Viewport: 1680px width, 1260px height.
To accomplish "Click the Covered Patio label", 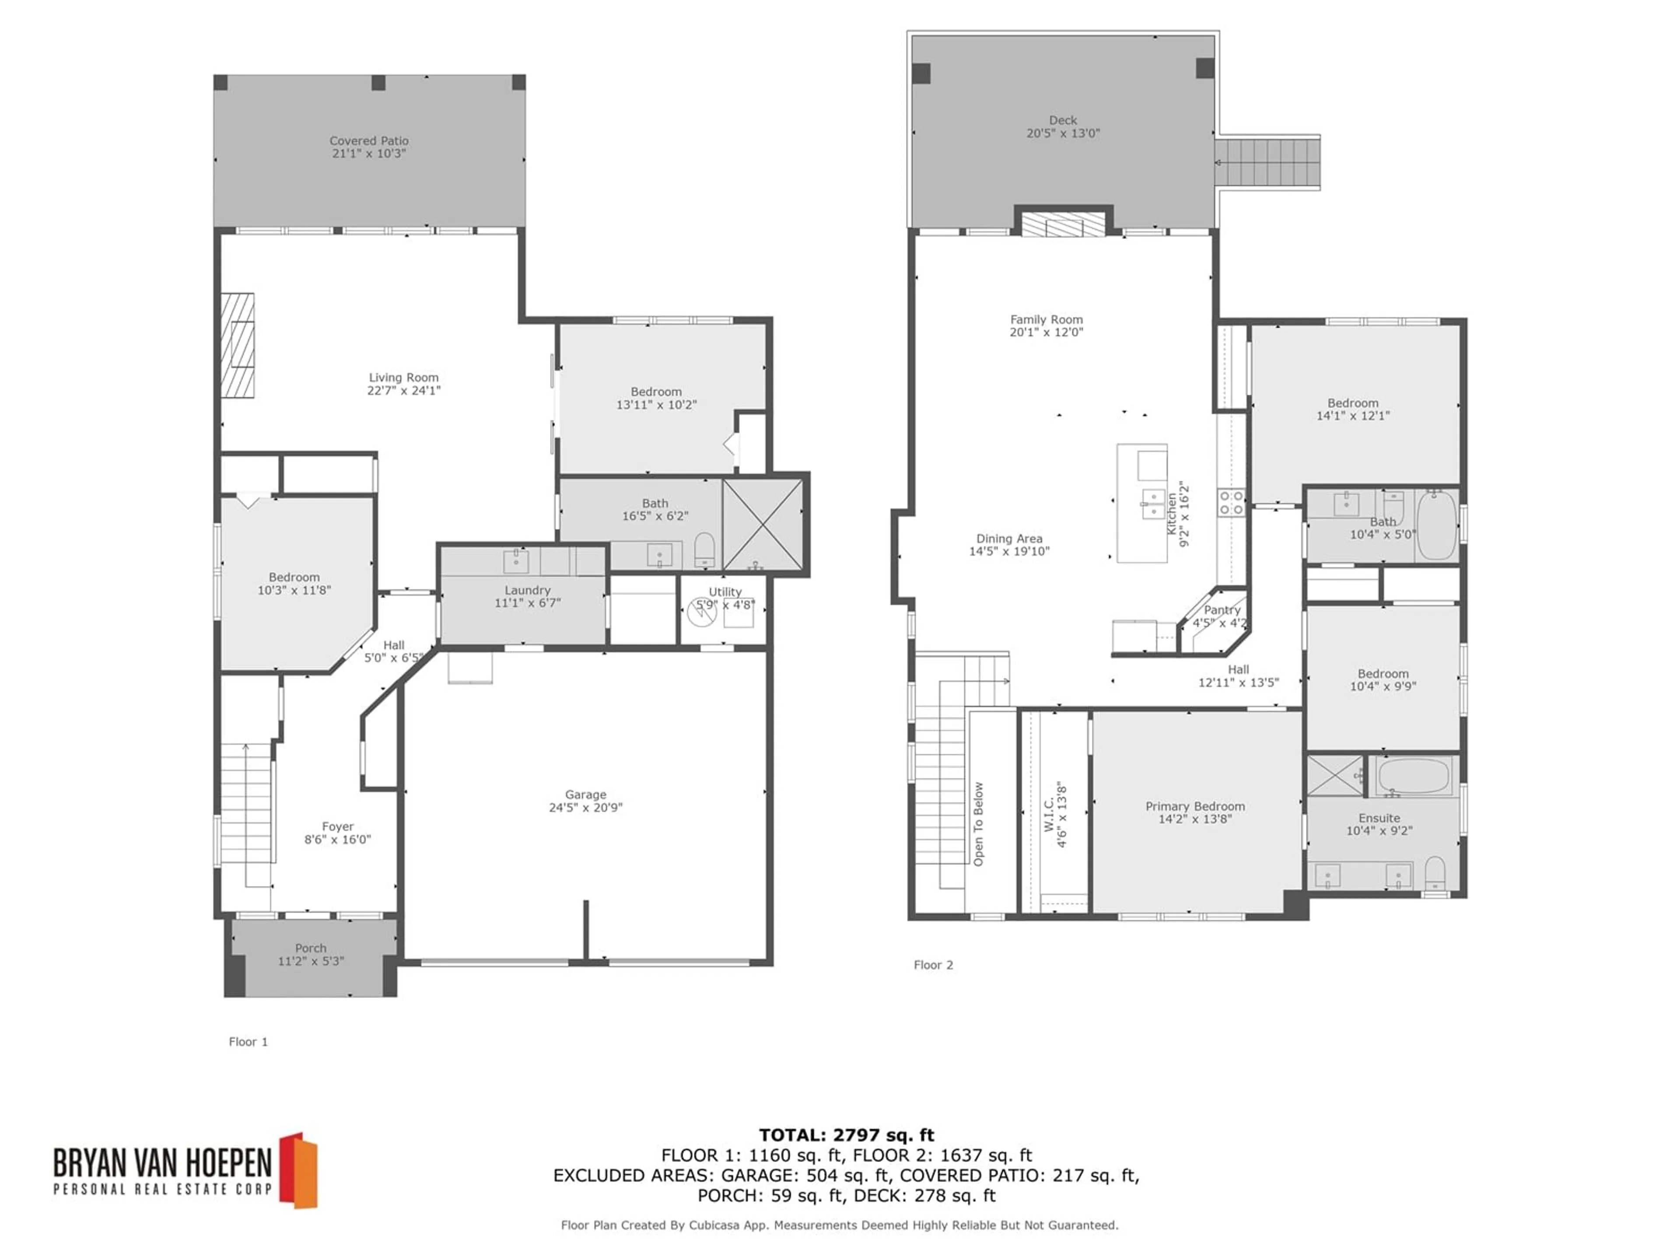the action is [x=369, y=140].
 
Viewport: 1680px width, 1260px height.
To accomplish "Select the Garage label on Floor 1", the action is [x=585, y=794].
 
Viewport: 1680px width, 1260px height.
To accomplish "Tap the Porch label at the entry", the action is [x=311, y=948].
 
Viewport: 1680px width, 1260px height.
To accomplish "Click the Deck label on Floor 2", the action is [x=1063, y=120].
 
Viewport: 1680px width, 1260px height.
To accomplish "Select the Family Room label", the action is [x=1046, y=320].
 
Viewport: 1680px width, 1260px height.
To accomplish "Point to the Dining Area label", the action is [x=1009, y=539].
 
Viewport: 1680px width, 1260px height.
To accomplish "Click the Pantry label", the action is [x=1222, y=610].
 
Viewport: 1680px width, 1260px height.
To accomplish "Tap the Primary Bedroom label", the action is [x=1195, y=807].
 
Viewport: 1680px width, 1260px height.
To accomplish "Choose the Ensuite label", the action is [x=1379, y=818].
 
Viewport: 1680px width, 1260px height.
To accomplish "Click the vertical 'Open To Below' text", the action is [x=978, y=824].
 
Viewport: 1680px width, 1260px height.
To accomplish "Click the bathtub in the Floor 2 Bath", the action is [x=1436, y=525].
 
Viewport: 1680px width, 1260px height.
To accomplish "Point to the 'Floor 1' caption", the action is [x=248, y=1041].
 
